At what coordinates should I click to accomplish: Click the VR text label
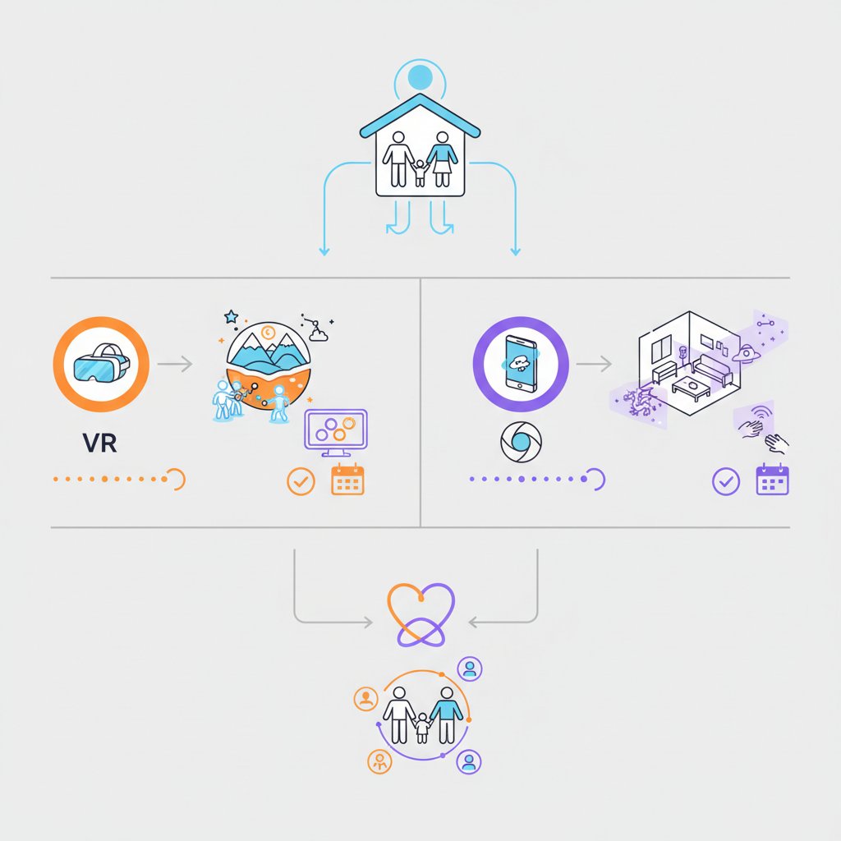pos(100,443)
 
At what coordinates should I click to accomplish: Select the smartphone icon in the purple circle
pos(521,361)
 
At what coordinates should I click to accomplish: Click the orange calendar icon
pos(347,480)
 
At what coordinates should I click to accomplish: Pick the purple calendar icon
pos(772,480)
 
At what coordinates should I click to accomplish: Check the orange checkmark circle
pos(301,481)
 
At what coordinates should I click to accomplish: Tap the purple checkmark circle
pos(725,481)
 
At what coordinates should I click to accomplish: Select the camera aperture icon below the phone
pos(521,443)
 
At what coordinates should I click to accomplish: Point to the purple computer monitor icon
pos(336,432)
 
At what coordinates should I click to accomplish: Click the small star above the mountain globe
pos(231,316)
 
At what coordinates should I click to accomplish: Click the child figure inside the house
pos(420,172)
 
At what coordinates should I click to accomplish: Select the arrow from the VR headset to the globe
pos(174,362)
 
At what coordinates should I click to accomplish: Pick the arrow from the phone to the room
pos(594,362)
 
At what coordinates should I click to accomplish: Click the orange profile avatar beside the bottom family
pos(365,699)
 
